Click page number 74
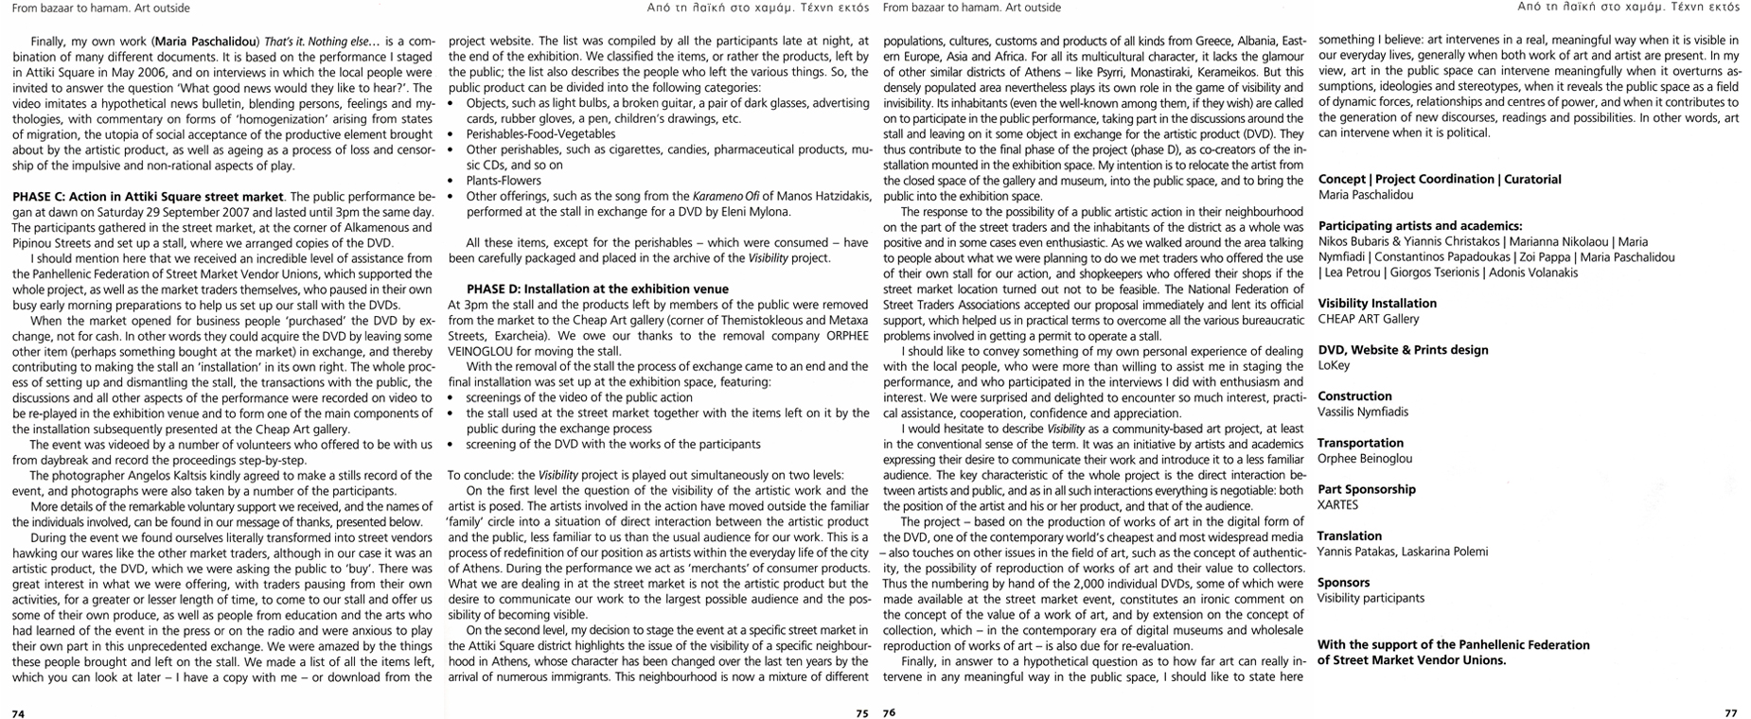pos(18,712)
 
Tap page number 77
pos(1730,712)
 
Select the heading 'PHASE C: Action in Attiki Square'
pos(148,197)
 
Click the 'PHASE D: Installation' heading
pos(597,289)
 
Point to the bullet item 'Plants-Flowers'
pos(504,181)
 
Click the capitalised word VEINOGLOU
pos(483,350)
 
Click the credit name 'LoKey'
pos(1334,365)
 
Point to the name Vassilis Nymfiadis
pos(1363,412)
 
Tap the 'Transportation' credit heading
pos(1360,443)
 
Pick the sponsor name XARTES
pos(1337,504)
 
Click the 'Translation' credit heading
pos(1349,535)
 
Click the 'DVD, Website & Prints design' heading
pos(1403,350)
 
